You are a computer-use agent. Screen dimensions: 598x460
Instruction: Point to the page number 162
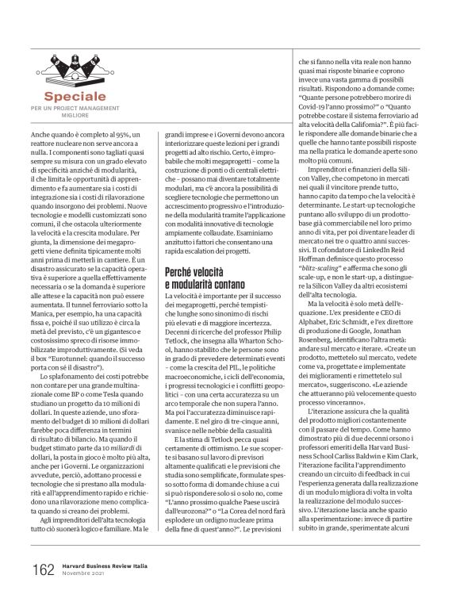click(x=44, y=569)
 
